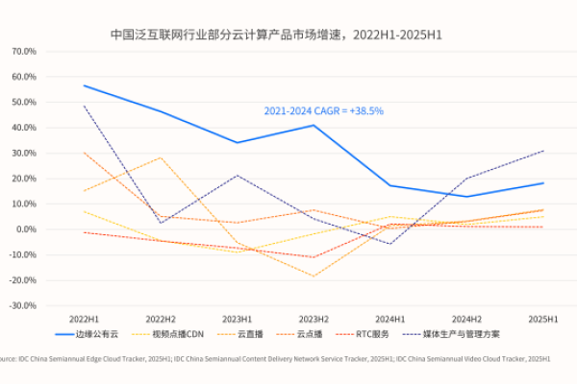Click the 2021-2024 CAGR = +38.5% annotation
323,111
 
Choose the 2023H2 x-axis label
314,318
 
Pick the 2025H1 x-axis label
542,318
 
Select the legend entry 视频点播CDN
179,334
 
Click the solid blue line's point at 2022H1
84,85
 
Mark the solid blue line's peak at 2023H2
314,125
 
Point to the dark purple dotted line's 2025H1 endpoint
543,151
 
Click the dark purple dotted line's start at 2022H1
84,106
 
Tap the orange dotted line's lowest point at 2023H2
314,276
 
